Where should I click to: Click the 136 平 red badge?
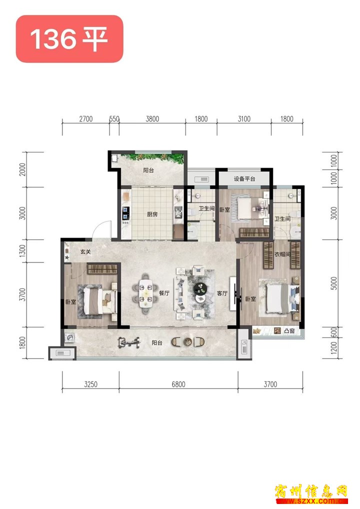69,38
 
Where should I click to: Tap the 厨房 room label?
152,214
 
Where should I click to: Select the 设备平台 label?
244,179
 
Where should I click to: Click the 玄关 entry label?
85,251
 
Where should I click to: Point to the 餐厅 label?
164,293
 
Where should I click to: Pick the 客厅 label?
222,293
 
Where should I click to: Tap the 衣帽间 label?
282,254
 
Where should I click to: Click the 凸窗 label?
289,331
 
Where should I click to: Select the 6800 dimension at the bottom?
178,384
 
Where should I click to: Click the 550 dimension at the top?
114,119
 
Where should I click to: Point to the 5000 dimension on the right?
334,283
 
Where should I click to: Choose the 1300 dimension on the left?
22,251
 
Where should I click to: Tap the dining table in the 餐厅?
145,293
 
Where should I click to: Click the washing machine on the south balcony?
69,338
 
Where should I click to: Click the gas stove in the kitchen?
125,212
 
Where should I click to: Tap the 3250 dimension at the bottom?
91,384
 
